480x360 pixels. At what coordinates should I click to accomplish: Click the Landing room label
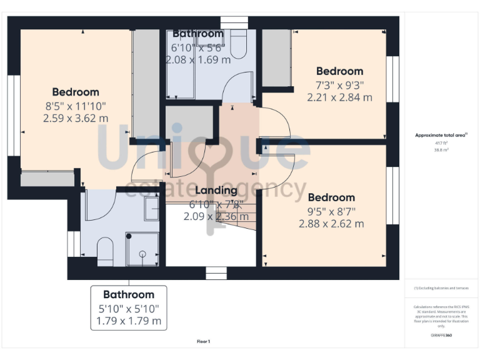click(x=216, y=190)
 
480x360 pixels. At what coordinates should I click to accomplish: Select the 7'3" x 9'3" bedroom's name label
click(x=339, y=71)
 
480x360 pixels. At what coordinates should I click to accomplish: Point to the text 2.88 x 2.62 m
click(x=331, y=224)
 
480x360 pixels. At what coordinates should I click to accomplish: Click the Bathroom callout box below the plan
click(x=129, y=308)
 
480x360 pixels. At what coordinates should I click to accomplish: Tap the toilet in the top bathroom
click(x=239, y=44)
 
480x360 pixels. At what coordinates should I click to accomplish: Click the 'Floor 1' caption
click(x=203, y=342)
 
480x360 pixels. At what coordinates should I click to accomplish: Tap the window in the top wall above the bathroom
click(x=230, y=22)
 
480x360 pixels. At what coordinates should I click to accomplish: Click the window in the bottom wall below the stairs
click(x=216, y=273)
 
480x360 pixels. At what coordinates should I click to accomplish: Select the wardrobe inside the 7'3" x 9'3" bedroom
click(x=276, y=57)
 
